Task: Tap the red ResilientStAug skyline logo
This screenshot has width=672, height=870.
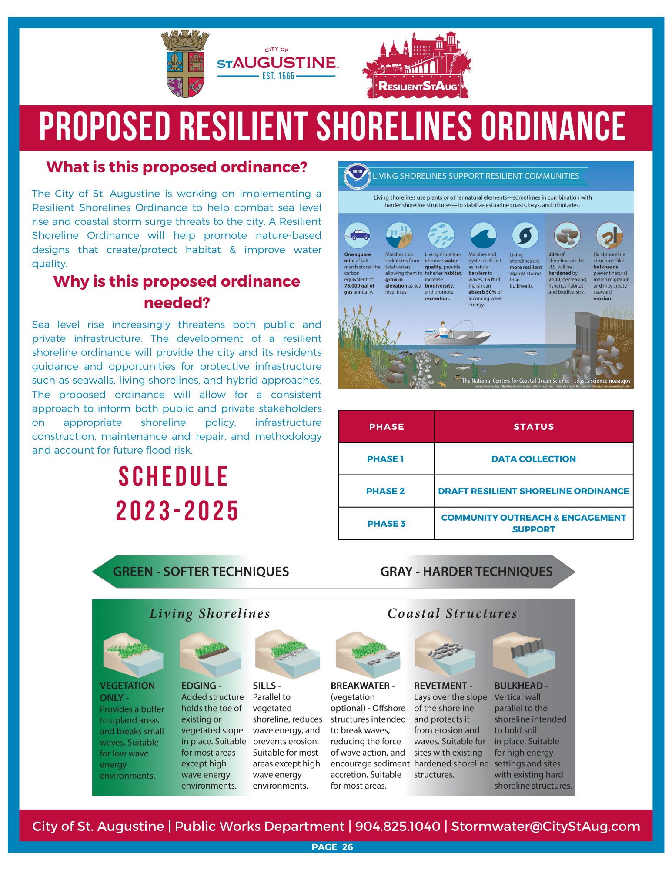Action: pyautogui.click(x=417, y=65)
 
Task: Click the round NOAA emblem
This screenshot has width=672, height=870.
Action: pyautogui.click(x=357, y=176)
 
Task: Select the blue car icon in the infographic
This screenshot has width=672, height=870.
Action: pyautogui.click(x=358, y=235)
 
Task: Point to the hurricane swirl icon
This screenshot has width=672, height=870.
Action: pyautogui.click(x=525, y=235)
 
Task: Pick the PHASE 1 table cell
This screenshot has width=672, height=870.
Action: pyautogui.click(x=386, y=459)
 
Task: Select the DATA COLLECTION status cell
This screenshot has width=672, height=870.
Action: pyautogui.click(x=533, y=459)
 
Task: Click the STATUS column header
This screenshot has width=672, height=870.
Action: pyautogui.click(x=534, y=427)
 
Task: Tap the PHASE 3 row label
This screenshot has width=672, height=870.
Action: pyautogui.click(x=386, y=524)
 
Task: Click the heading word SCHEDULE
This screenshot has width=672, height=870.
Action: pyautogui.click(x=174, y=477)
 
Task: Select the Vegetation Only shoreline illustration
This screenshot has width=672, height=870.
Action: pyautogui.click(x=133, y=655)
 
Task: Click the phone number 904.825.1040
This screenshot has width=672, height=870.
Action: pyautogui.click(x=398, y=826)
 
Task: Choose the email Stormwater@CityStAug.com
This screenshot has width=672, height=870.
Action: pyautogui.click(x=545, y=826)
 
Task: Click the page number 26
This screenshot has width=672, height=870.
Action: pyautogui.click(x=348, y=847)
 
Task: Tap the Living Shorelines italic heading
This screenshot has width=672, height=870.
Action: pyautogui.click(x=210, y=614)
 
